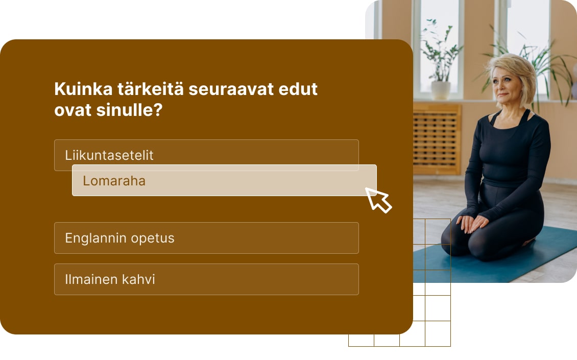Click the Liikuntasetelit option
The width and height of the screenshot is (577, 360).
coord(109,155)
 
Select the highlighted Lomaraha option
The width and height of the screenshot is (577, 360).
coord(224,180)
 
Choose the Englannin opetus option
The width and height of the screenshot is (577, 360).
coord(206,238)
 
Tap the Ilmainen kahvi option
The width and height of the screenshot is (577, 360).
coord(206,279)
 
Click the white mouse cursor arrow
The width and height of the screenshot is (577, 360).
coord(378,199)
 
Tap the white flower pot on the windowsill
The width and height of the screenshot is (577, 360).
coord(440,90)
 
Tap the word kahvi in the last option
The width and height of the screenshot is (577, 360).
coord(138,279)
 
